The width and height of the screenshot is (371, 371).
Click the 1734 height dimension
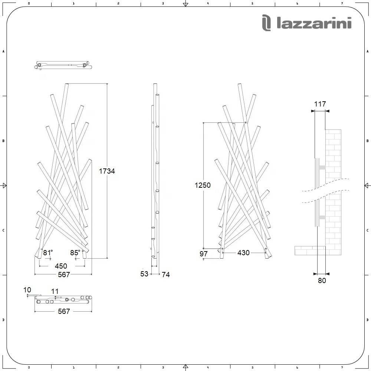[x=107, y=171]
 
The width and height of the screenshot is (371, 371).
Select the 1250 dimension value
[x=203, y=185]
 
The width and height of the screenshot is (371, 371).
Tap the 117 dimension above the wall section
[x=320, y=104]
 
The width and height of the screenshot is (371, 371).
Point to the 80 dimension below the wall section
[x=322, y=280]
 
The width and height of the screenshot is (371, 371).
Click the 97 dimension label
[x=203, y=254]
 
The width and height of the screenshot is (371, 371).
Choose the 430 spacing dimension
[x=243, y=253]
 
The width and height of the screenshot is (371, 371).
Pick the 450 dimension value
[x=61, y=266]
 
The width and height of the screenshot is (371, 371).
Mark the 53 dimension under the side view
[x=144, y=274]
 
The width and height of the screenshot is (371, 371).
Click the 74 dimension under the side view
[x=166, y=275]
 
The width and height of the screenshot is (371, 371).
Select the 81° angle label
[x=48, y=253]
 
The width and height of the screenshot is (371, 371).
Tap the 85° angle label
[x=75, y=253]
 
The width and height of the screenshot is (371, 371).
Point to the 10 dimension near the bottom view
[x=27, y=290]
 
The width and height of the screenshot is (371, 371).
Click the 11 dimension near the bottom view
[x=55, y=292]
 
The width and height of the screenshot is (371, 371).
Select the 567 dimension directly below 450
[x=64, y=275]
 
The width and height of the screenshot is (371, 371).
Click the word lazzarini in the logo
[x=314, y=24]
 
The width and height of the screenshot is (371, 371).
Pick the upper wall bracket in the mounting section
[x=321, y=167]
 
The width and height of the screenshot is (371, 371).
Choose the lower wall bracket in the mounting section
[x=321, y=217]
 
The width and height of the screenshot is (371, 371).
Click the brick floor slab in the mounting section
[x=310, y=250]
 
